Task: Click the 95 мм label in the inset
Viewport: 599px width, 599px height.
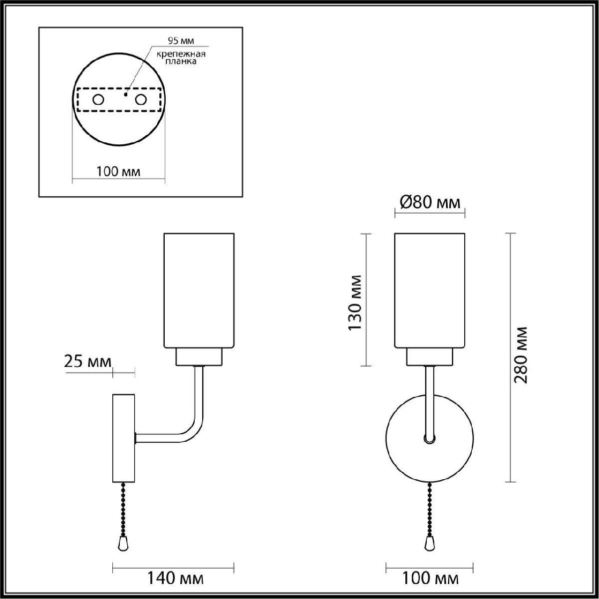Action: tap(181, 41)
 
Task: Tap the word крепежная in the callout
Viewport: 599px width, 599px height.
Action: tap(181, 54)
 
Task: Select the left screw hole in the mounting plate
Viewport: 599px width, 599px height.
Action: tap(98, 100)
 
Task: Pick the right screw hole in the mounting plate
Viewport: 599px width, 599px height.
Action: tap(141, 100)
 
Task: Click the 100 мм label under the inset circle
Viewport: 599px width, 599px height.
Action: tap(118, 171)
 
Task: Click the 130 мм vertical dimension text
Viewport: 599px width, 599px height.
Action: tap(355, 303)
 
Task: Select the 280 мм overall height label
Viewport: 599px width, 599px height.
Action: tap(521, 355)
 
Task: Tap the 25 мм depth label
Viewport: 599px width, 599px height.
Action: tap(88, 361)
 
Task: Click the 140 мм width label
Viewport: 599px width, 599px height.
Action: tap(175, 579)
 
